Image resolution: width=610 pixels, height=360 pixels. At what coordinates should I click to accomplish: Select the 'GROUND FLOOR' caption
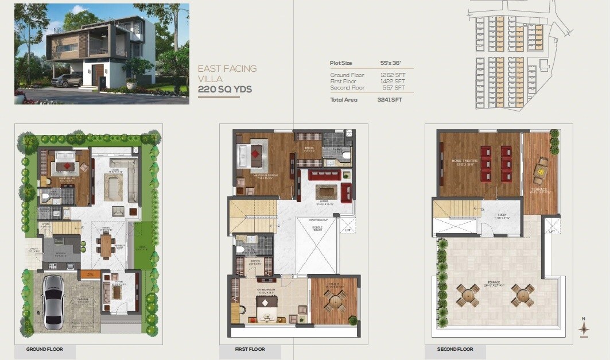[x=45, y=349]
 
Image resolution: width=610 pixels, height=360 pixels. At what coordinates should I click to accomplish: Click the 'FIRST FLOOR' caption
[x=250, y=349]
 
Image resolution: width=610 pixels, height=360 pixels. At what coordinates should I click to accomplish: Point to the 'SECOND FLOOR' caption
[x=455, y=349]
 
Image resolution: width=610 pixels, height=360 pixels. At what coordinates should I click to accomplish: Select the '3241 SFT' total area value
[x=390, y=100]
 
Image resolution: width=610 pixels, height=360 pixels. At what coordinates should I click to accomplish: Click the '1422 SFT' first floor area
[x=393, y=82]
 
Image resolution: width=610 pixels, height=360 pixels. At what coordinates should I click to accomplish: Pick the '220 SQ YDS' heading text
[x=225, y=90]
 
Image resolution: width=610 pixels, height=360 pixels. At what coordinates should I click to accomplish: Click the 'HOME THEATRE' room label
[x=465, y=161]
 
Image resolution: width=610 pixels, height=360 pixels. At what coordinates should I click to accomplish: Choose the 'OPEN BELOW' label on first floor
[x=318, y=219]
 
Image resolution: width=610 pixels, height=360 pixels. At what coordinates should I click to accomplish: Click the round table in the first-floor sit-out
[x=335, y=300]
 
